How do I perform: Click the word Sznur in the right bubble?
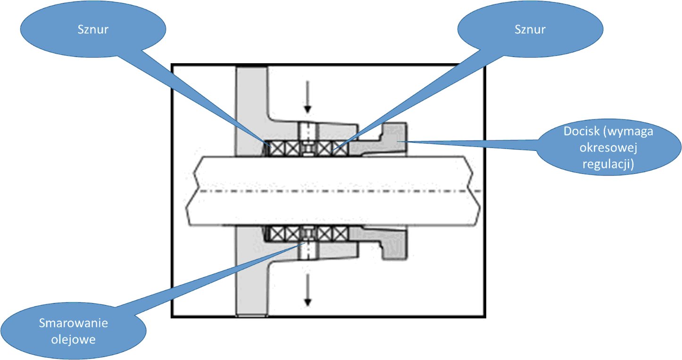click(530, 29)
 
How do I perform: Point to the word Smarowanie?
click(74, 324)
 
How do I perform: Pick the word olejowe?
click(74, 339)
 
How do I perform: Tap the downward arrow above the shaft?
click(308, 97)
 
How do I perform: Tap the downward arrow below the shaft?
click(308, 289)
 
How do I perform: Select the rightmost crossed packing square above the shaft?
click(340, 149)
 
